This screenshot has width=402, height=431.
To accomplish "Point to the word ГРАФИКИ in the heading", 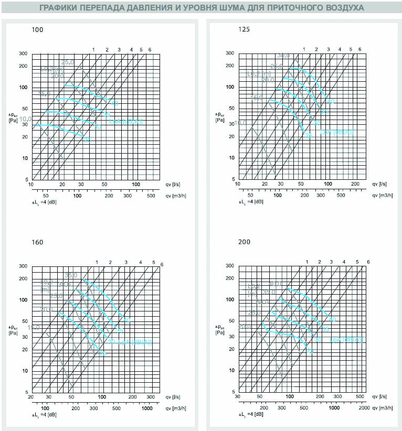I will pyautogui.click(x=64, y=8).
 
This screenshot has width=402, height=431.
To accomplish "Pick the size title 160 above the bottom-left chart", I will pyautogui.click(x=37, y=242).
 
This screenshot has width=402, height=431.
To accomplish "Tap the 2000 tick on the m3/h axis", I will pyautogui.click(x=364, y=408).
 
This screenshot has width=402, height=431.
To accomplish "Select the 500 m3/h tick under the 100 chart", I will pyautogui.click(x=150, y=195).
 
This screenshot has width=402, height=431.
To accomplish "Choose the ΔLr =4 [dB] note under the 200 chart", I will pyautogui.click(x=251, y=415).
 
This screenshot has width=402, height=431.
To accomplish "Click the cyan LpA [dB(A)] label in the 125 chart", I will pyautogui.click(x=338, y=132).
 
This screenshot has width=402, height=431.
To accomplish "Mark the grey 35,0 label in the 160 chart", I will pyautogui.click(x=71, y=275).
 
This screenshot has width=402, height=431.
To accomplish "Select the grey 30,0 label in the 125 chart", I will pyautogui.click(x=283, y=56).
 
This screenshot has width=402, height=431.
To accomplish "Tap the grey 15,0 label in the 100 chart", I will pyautogui.click(x=44, y=94).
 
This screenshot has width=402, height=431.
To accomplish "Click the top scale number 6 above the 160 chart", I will pyautogui.click(x=162, y=264).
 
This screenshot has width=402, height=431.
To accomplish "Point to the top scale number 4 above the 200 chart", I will pyautogui.click(x=343, y=262).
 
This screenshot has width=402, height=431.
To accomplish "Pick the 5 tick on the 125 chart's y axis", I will pyautogui.click(x=234, y=179).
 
